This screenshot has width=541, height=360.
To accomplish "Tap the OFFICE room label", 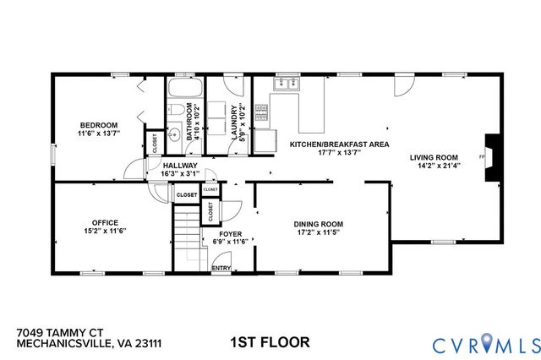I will (x=105, y=222).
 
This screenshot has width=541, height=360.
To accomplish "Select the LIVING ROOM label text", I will (x=434, y=157).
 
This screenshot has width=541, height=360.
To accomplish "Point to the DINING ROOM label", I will (x=319, y=224).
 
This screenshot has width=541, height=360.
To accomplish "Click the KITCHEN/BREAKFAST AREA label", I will (x=339, y=145).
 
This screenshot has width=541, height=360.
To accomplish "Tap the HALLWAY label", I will (x=180, y=166).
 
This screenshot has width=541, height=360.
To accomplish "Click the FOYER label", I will (x=231, y=233).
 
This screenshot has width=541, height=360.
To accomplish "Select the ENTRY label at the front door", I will (x=221, y=268).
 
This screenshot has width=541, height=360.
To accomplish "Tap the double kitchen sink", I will (x=287, y=84).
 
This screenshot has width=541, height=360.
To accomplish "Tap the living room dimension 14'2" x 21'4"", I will (x=434, y=166).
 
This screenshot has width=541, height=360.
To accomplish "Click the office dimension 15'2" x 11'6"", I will (x=105, y=231).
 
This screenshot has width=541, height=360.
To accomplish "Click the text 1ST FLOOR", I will (x=270, y=342).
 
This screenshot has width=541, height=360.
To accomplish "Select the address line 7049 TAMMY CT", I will (x=57, y=334).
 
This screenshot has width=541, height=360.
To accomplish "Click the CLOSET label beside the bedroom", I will (x=153, y=144).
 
